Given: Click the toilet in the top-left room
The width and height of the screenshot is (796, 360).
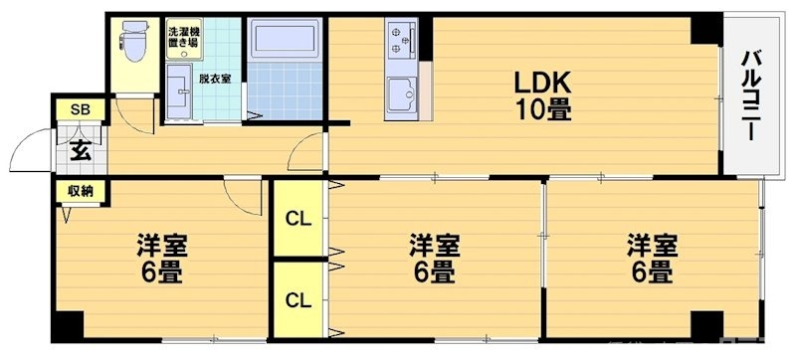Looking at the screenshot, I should click(x=131, y=41).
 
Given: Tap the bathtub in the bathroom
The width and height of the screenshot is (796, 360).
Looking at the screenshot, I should click(x=286, y=45).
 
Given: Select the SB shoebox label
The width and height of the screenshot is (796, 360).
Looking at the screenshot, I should click(x=78, y=110).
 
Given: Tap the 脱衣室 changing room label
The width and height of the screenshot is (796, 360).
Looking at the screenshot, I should click(x=215, y=78).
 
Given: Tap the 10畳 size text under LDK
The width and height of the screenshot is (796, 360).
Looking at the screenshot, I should click(x=543, y=109).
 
